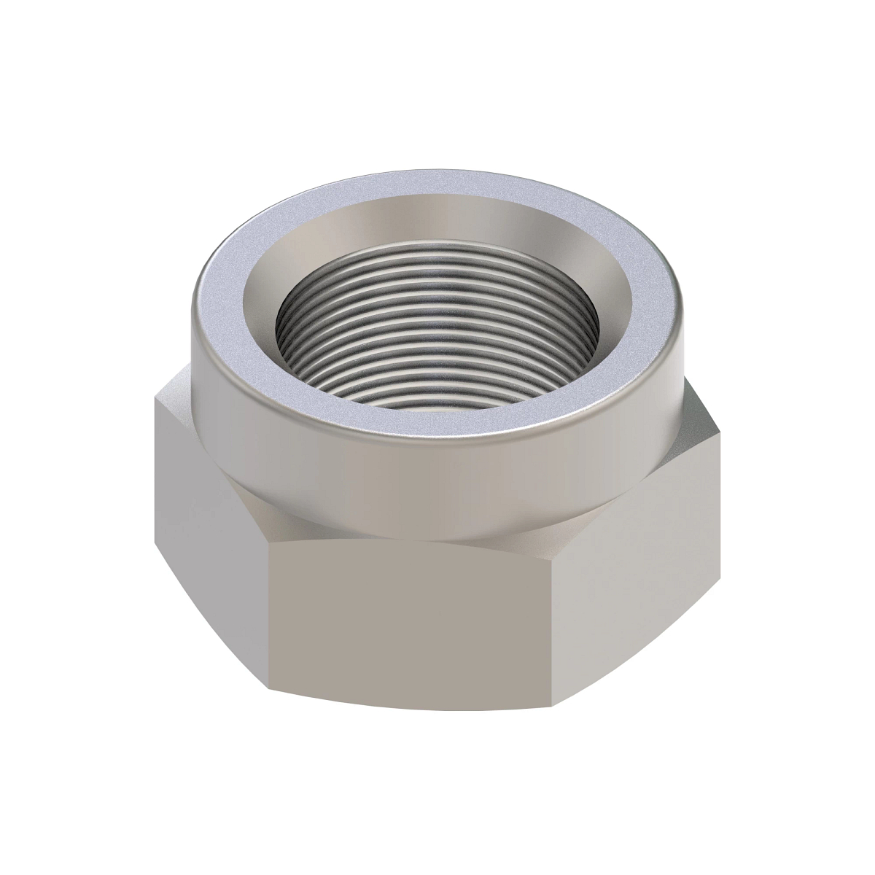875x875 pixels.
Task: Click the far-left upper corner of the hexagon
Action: tap(156, 397)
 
